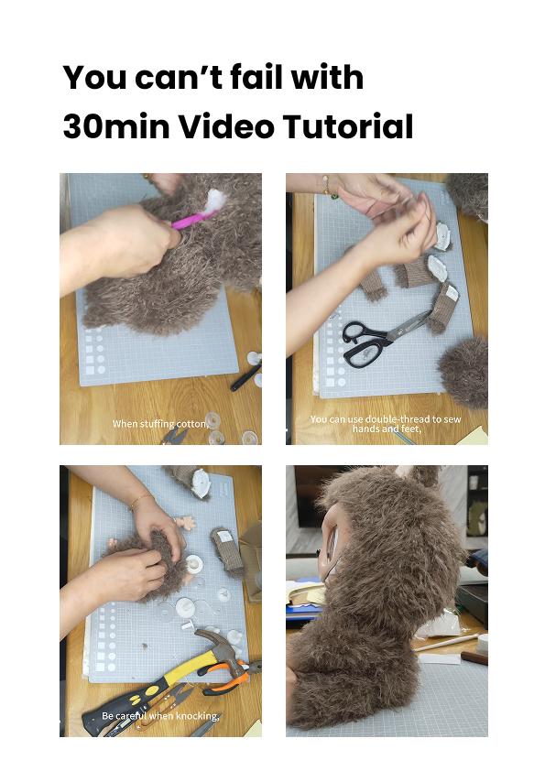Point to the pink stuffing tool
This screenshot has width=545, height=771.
pyautogui.click(x=194, y=220)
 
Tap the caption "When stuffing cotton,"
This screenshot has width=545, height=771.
pyautogui.click(x=160, y=424)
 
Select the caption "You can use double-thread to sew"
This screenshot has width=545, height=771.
pyautogui.click(x=386, y=419)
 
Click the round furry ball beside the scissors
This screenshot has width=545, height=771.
pyautogui.click(x=464, y=371)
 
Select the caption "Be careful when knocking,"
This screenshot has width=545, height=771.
pyautogui.click(x=160, y=716)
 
